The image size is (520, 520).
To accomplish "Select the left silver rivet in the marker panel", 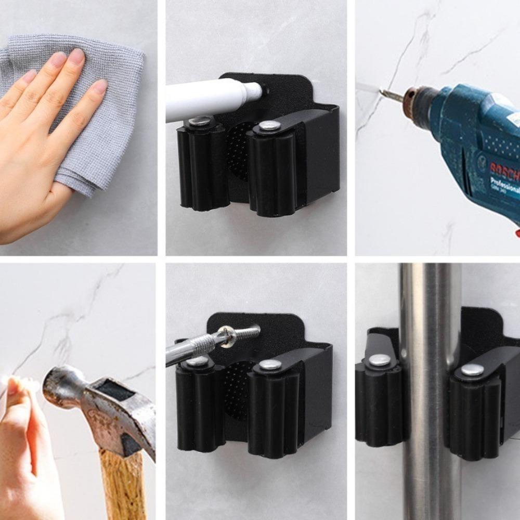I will click(199, 122).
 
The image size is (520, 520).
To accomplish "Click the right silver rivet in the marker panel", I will click(269, 125).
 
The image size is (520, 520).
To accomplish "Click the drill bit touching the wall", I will click(392, 95).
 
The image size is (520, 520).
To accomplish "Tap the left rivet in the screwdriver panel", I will click(197, 361).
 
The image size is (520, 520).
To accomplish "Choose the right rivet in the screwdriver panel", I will click(270, 365).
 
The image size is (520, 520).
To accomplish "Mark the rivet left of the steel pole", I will click(381, 359).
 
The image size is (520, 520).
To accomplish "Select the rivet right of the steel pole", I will click(472, 369).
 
